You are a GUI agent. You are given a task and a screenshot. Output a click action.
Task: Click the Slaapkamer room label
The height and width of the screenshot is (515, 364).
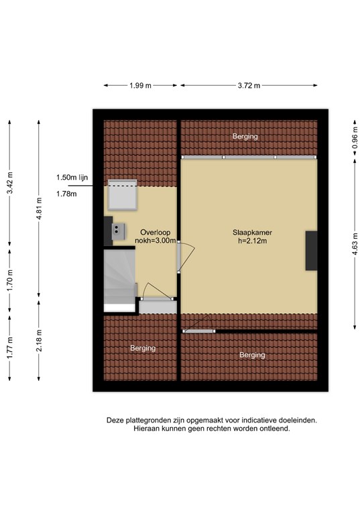coord(252,233)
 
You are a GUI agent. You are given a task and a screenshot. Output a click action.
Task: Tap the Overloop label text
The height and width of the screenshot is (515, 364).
coord(156,233)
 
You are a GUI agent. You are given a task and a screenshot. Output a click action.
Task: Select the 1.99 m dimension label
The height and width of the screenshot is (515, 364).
coord(140,86)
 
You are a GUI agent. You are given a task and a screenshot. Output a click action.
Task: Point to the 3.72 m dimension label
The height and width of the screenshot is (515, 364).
coord(249,86)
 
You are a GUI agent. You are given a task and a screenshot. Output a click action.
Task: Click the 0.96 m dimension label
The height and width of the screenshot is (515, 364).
coord(355,137)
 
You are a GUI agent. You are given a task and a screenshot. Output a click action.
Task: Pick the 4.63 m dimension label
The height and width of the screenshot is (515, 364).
coord(355,243)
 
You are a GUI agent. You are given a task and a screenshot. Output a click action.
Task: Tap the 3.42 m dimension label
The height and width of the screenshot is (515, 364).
coord(10,183)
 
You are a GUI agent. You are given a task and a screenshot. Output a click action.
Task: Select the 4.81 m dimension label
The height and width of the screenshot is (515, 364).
coord(39,209)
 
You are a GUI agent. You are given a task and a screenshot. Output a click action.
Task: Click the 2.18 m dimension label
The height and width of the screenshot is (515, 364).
coord(39,341)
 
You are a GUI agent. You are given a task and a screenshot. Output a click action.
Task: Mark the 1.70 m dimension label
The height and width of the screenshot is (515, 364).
coord(10,280)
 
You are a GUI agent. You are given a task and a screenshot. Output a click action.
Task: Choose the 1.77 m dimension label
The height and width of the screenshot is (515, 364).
coord(10,348)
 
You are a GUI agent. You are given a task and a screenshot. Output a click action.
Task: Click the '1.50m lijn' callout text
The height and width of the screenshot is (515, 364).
coord(72,178)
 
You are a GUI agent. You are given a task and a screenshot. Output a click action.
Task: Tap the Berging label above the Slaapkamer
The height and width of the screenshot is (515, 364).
coord(245,136)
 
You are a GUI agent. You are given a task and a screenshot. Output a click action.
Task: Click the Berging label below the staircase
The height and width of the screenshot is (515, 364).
coord(143,348)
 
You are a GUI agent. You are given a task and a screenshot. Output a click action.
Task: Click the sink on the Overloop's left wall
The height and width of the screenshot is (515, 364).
coord(119,231)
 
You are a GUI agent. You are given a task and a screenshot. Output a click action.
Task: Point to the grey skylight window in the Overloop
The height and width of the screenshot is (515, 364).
coord(123,194)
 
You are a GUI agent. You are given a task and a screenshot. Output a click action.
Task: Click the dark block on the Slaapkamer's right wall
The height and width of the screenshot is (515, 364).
coord(312,251)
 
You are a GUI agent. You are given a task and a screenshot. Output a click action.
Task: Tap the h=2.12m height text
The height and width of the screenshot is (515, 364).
coord(252,241)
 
